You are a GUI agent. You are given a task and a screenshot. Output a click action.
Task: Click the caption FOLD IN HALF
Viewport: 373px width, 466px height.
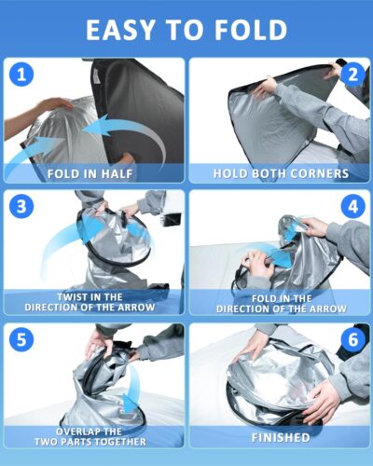point(92,172)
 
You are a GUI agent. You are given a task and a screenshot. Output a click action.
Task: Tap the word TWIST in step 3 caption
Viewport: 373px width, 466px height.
point(67,296)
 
